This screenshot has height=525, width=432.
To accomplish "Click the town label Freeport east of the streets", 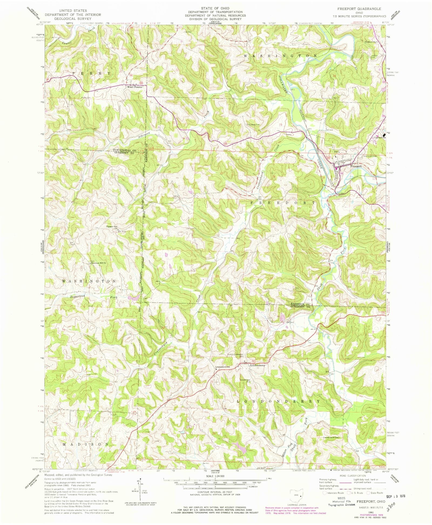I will coord(356,166).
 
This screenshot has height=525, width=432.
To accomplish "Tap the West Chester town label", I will coord(135,87).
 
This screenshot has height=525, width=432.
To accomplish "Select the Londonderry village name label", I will coord(258,365).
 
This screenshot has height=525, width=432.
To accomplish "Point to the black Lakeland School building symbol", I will coord(384,135).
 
